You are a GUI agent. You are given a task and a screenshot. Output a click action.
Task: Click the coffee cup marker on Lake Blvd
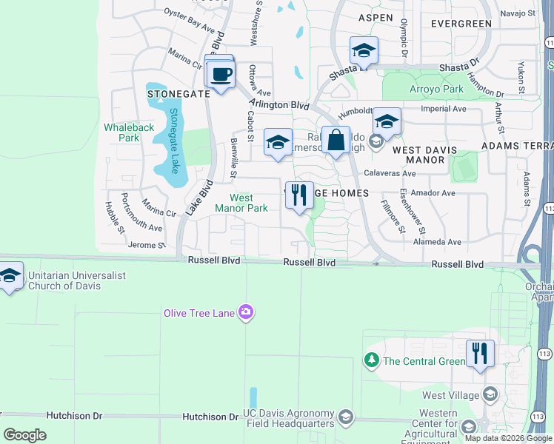221,75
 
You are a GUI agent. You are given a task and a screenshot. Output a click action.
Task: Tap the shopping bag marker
336,140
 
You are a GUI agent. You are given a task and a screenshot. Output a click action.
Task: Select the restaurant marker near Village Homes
299,195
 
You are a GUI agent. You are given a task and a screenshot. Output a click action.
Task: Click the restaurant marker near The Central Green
480,354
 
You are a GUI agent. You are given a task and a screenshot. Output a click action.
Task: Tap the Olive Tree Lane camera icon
246,314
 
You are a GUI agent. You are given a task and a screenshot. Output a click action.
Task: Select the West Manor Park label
241,203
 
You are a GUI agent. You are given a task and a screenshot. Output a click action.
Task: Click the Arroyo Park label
437,90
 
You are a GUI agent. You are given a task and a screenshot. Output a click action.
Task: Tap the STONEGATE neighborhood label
178,94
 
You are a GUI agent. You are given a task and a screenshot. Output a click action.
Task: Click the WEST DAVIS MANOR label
429,155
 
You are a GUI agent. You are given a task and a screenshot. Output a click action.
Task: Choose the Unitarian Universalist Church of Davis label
76,281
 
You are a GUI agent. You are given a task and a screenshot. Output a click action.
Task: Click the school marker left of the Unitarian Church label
9,275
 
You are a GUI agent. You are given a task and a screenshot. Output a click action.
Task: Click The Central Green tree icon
371,360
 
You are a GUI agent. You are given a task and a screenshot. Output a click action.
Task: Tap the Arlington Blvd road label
278,105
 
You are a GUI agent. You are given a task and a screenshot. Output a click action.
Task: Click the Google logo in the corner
25,435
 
